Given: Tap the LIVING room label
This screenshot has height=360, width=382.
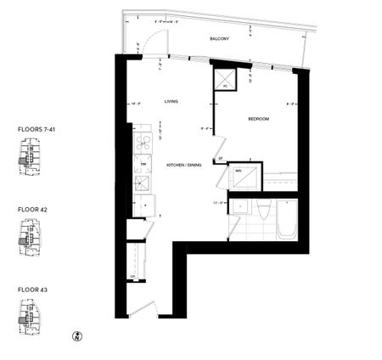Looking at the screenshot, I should (171, 101).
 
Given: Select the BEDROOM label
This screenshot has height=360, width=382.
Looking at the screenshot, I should (258, 120).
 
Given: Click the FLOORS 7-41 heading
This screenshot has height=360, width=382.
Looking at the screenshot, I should (37, 129).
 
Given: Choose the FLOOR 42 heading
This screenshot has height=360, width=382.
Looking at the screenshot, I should (32, 208).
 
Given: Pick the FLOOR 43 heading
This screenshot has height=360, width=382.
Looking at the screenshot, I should (32, 289).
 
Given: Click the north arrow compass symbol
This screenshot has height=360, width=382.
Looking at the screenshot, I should (77, 336).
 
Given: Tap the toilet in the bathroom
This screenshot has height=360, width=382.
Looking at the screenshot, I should (263, 216).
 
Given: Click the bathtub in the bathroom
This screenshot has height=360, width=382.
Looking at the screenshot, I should (289, 220).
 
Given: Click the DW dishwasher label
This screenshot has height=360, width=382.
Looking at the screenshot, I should (143, 163).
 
